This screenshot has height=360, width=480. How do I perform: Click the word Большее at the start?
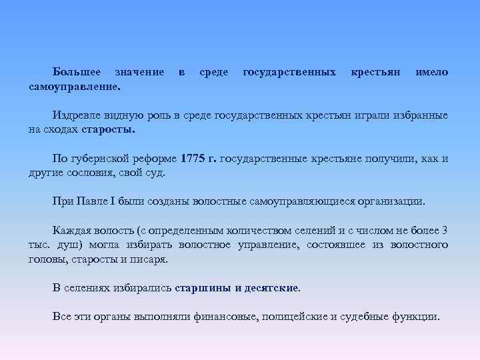(77, 71)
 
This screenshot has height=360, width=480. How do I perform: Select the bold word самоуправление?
(75, 86)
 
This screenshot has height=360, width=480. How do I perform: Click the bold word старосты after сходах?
(108, 130)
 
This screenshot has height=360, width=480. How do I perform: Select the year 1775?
(194, 159)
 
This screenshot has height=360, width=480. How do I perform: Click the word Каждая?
(73, 230)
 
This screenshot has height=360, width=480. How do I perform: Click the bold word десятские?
(273, 287)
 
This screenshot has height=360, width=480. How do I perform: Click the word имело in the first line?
(431, 71)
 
